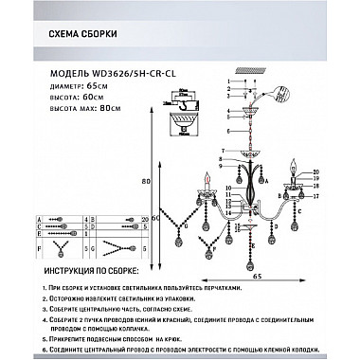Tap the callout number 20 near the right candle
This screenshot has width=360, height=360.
tap(315, 171)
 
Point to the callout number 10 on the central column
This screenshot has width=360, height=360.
tap(227, 189)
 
